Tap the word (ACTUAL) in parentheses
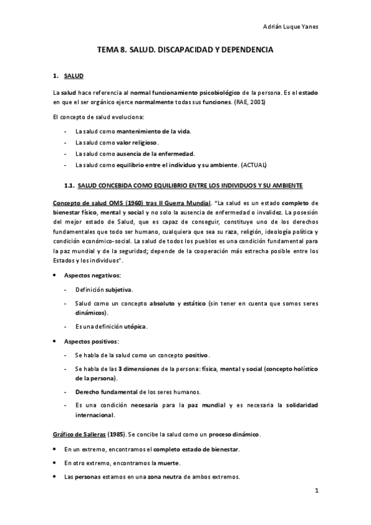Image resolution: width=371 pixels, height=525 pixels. (255, 165)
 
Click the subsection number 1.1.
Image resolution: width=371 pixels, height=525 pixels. (69, 185)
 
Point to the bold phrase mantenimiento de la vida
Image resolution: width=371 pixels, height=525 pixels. (154, 131)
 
